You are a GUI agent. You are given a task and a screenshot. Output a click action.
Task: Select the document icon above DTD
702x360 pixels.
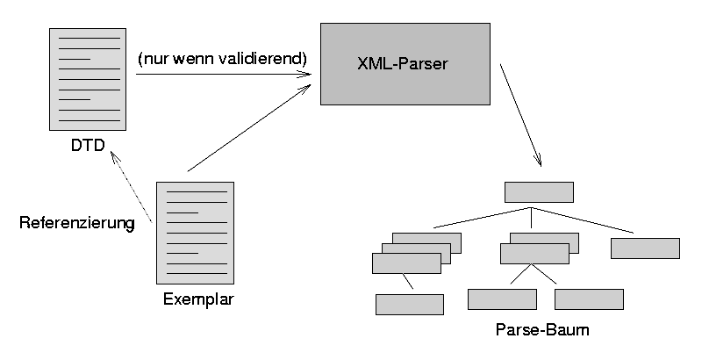point(84,78)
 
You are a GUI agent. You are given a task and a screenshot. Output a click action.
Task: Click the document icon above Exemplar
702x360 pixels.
point(195,232)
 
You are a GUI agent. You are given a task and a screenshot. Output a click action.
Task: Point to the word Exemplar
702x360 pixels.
point(199,299)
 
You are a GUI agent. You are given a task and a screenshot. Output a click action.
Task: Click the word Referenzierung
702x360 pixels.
point(76,223)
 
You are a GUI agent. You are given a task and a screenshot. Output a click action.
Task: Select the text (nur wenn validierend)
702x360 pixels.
point(221,59)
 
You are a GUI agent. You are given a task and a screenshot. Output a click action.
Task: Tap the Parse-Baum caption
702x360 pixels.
point(541,331)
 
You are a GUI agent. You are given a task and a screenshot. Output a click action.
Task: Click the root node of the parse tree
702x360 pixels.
point(539,192)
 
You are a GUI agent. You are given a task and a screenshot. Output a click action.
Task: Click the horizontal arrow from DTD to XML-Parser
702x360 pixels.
point(224,76)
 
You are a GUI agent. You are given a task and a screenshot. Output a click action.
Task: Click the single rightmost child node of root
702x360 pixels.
point(645,248)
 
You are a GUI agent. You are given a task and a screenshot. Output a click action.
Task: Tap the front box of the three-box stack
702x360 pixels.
point(406,263)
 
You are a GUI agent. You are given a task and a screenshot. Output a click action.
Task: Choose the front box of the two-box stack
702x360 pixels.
point(534,254)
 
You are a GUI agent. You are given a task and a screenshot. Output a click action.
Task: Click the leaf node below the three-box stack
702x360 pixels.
point(410,304)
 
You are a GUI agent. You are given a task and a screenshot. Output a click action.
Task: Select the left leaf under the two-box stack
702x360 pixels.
point(502,299)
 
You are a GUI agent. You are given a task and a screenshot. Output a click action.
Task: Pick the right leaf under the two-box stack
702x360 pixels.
point(589,299)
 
